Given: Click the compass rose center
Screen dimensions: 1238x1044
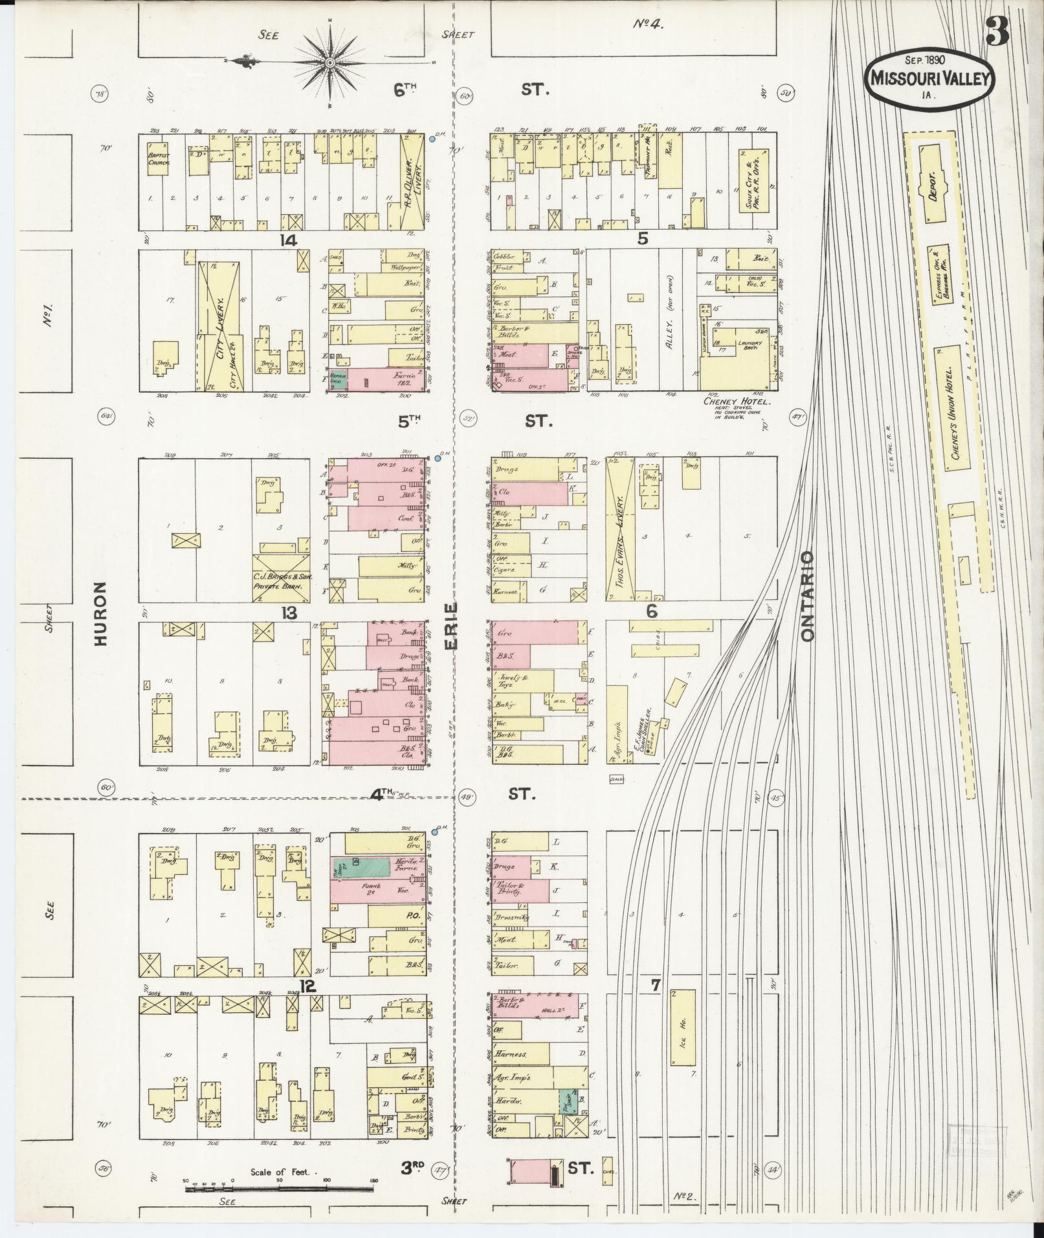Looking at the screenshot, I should (x=330, y=62).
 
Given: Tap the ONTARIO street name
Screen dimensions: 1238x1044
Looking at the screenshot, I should (x=806, y=596).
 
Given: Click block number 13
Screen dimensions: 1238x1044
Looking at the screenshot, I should (x=288, y=612).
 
